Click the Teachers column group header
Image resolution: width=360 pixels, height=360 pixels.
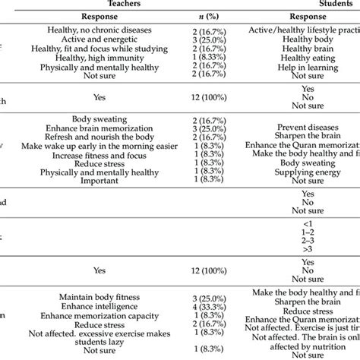pos(130,4)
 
